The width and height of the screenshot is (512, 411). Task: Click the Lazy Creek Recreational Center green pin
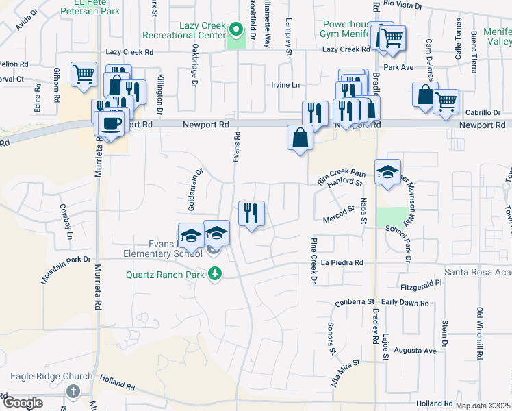tap(236, 29)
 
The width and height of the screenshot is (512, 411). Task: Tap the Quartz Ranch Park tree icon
tap(216, 275)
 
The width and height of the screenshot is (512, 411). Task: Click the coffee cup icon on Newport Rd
tap(111, 123)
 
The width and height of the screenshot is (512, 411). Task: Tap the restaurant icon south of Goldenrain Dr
tap(251, 214)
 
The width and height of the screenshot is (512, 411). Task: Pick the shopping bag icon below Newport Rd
tap(300, 138)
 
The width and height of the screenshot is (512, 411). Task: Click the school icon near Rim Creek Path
tap(387, 171)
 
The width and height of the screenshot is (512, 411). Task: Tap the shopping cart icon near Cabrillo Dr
tap(446, 102)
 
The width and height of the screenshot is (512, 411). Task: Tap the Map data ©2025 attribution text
tap(483, 406)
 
